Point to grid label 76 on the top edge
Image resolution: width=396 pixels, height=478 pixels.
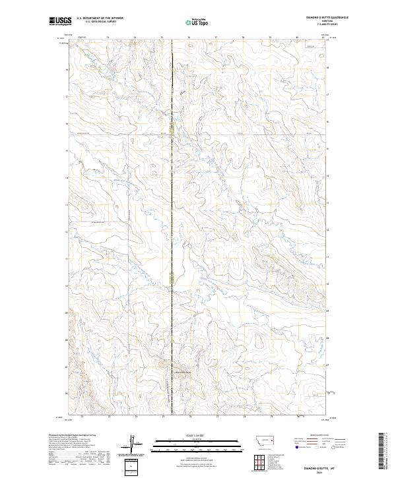tap(189, 38)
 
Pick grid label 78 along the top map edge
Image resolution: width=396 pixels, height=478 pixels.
tap(243, 38)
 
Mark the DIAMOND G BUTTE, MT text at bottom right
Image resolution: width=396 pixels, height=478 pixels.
tap(325, 467)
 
